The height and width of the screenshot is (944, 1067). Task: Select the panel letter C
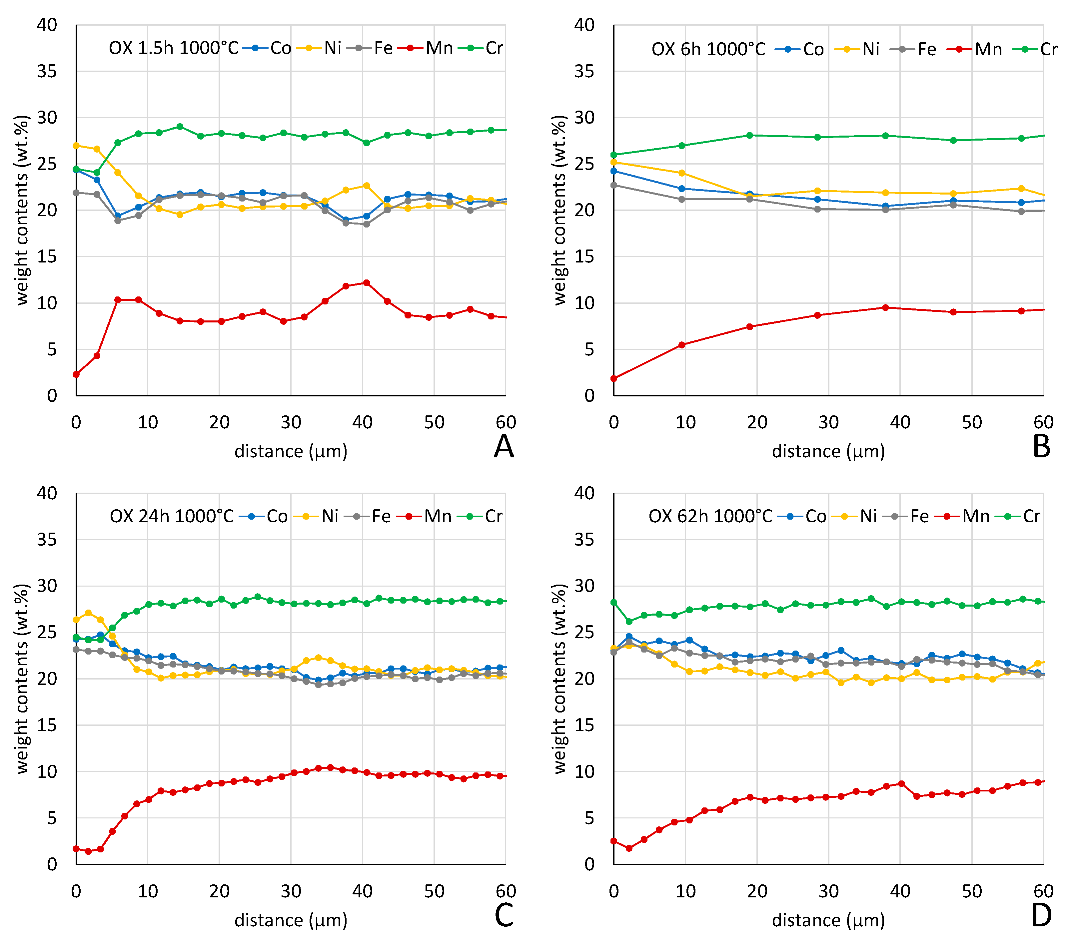504,915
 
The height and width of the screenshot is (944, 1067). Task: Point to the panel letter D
1041,915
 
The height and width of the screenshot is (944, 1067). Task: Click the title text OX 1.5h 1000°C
173,48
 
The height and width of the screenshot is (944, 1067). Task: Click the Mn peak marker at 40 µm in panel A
367,282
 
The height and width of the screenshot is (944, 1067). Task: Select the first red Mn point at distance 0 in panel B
614,378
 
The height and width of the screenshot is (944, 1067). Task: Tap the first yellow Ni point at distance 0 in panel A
76,146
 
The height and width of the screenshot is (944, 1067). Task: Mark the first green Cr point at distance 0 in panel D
614,602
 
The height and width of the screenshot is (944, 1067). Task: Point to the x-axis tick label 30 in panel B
828,422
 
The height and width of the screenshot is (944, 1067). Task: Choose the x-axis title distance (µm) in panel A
291,451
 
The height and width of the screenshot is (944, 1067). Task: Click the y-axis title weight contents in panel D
559,679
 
